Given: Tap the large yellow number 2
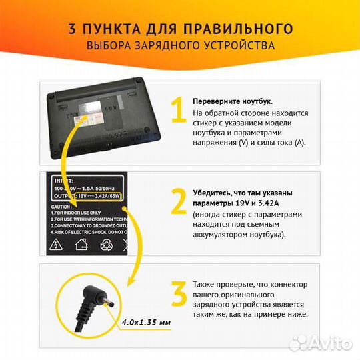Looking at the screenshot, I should click(178, 202).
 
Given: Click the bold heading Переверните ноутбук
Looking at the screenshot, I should click(232, 101).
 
